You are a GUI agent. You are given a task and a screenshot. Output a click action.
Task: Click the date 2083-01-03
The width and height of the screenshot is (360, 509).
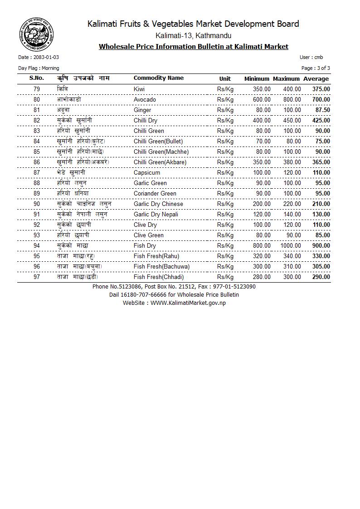click(45, 58)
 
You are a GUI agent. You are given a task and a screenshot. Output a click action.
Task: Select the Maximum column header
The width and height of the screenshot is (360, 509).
click(286, 79)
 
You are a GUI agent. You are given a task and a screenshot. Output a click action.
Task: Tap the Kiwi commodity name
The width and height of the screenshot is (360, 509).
click(139, 89)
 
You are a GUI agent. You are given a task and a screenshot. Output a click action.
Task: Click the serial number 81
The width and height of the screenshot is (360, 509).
click(37, 110)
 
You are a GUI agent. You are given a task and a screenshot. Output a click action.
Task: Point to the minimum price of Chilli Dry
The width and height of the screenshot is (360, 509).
click(262, 121)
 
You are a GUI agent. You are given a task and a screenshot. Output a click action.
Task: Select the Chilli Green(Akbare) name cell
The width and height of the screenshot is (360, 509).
click(160, 162)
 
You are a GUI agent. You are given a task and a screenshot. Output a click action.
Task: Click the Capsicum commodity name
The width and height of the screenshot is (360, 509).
click(147, 173)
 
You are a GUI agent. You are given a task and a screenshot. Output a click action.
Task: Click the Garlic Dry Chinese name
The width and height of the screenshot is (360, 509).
click(158, 204)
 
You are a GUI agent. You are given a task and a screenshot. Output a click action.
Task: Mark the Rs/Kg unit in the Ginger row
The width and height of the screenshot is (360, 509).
click(225, 110)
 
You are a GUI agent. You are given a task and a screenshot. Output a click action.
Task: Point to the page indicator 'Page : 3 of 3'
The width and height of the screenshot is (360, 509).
click(316, 69)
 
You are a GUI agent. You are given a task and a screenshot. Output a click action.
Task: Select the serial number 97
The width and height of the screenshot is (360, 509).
click(37, 277)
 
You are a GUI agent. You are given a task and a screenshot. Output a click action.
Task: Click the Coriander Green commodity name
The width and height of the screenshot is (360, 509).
click(155, 194)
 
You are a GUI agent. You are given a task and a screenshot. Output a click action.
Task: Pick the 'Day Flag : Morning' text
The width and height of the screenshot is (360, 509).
click(39, 69)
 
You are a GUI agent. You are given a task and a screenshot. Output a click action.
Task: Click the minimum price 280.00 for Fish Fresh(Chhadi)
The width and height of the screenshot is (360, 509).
click(262, 277)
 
